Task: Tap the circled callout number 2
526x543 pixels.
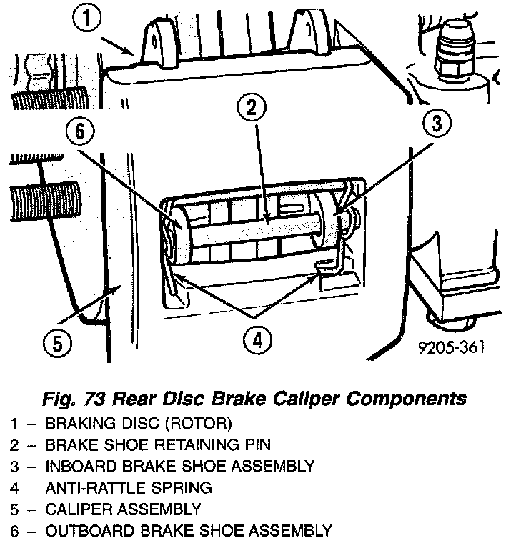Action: pos(252,109)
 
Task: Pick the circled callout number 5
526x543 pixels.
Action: pos(57,344)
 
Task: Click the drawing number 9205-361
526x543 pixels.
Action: pos(452,348)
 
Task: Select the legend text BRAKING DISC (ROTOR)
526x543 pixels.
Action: pos(138,424)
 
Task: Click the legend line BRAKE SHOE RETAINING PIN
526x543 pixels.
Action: pos(157,445)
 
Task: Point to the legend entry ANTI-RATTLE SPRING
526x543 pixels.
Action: pos(128,488)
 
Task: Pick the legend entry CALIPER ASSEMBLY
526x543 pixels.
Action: pos(123,509)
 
